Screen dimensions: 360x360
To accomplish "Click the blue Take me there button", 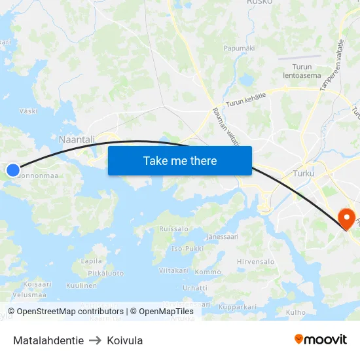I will [180, 160].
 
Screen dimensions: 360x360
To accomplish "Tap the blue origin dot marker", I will [12, 170].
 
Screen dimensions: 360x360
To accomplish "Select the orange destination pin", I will [345, 218].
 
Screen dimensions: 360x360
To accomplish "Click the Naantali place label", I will [77, 139].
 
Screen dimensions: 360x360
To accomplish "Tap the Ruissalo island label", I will [173, 229].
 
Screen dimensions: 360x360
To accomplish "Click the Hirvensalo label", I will [255, 261].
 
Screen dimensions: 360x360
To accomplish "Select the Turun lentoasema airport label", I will [302, 71].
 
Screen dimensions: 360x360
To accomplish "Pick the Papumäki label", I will [239, 48].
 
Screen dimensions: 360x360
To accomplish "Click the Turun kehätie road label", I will [245, 99].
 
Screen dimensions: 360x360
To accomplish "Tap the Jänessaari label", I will [222, 236].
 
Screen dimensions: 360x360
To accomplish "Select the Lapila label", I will [91, 261].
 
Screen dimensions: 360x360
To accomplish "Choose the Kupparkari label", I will [237, 306].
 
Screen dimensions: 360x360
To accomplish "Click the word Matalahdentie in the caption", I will [48, 340].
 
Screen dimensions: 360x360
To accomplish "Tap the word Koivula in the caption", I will [124, 340].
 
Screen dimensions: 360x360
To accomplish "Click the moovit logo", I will [321, 339].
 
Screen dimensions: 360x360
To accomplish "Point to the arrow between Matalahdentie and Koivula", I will [95, 340].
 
